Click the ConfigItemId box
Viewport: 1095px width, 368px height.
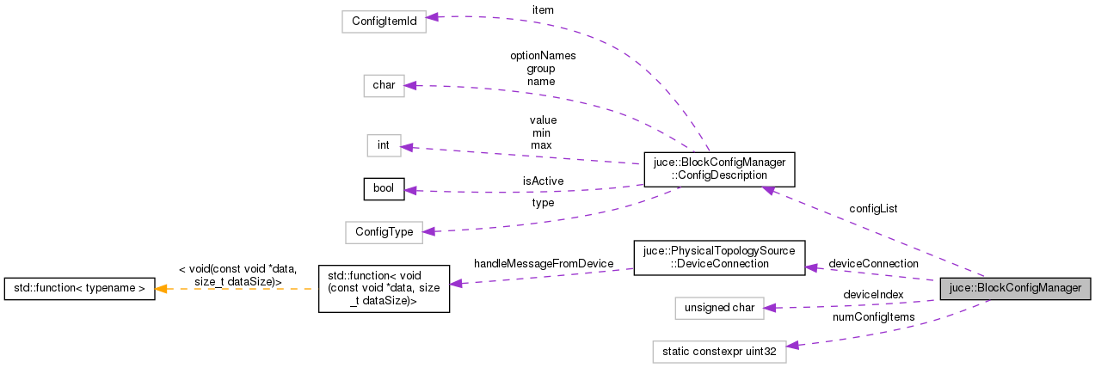pyautogui.click(x=384, y=21)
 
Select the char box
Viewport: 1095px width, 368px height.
pyautogui.click(x=384, y=85)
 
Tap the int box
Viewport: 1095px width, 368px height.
pyautogui.click(x=384, y=145)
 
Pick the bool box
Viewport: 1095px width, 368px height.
pyautogui.click(x=384, y=189)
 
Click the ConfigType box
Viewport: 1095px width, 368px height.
pyautogui.click(x=384, y=231)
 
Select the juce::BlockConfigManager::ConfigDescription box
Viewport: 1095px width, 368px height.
pyautogui.click(x=719, y=169)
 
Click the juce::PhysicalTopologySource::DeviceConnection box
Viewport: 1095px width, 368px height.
pyautogui.click(x=719, y=257)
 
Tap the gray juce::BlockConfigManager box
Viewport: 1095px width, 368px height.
pyautogui.click(x=1015, y=288)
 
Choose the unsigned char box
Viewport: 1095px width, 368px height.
pyautogui.click(x=719, y=307)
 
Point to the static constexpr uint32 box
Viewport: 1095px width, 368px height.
pyautogui.click(x=719, y=351)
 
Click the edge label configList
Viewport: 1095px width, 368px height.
pyautogui.click(x=873, y=209)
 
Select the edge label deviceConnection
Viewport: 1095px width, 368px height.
pyautogui.click(x=873, y=263)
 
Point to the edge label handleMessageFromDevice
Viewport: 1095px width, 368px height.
pyautogui.click(x=543, y=263)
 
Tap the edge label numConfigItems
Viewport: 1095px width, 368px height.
pyautogui.click(x=873, y=317)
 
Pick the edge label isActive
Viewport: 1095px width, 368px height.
pyautogui.click(x=543, y=181)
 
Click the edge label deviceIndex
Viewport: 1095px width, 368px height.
pyautogui.click(x=873, y=294)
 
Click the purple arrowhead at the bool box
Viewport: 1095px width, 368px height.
pyautogui.click(x=411, y=190)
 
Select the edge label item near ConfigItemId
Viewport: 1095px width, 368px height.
pyautogui.click(x=543, y=9)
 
